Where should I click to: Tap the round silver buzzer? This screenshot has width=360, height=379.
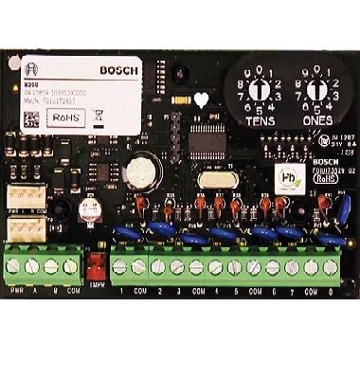click(140, 169)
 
